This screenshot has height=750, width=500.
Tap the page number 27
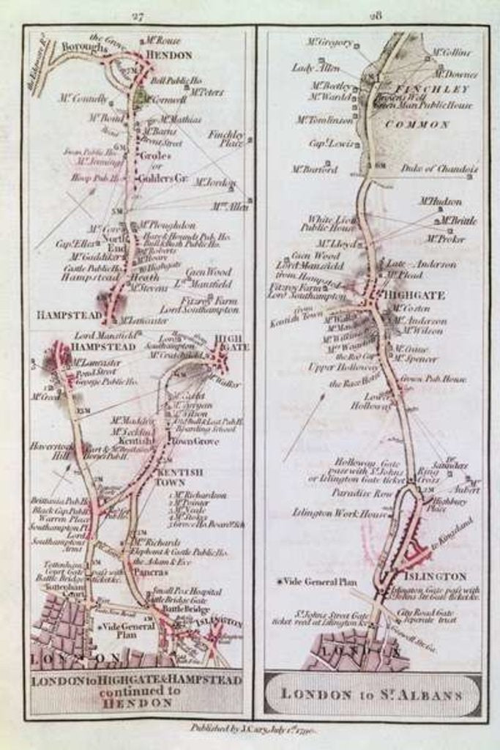pyautogui.click(x=136, y=16)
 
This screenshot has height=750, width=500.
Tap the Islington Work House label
pyautogui.click(x=339, y=513)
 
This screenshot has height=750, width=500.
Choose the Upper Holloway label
pyautogui.click(x=333, y=365)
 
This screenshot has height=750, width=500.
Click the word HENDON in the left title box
pyautogui.click(x=137, y=702)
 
